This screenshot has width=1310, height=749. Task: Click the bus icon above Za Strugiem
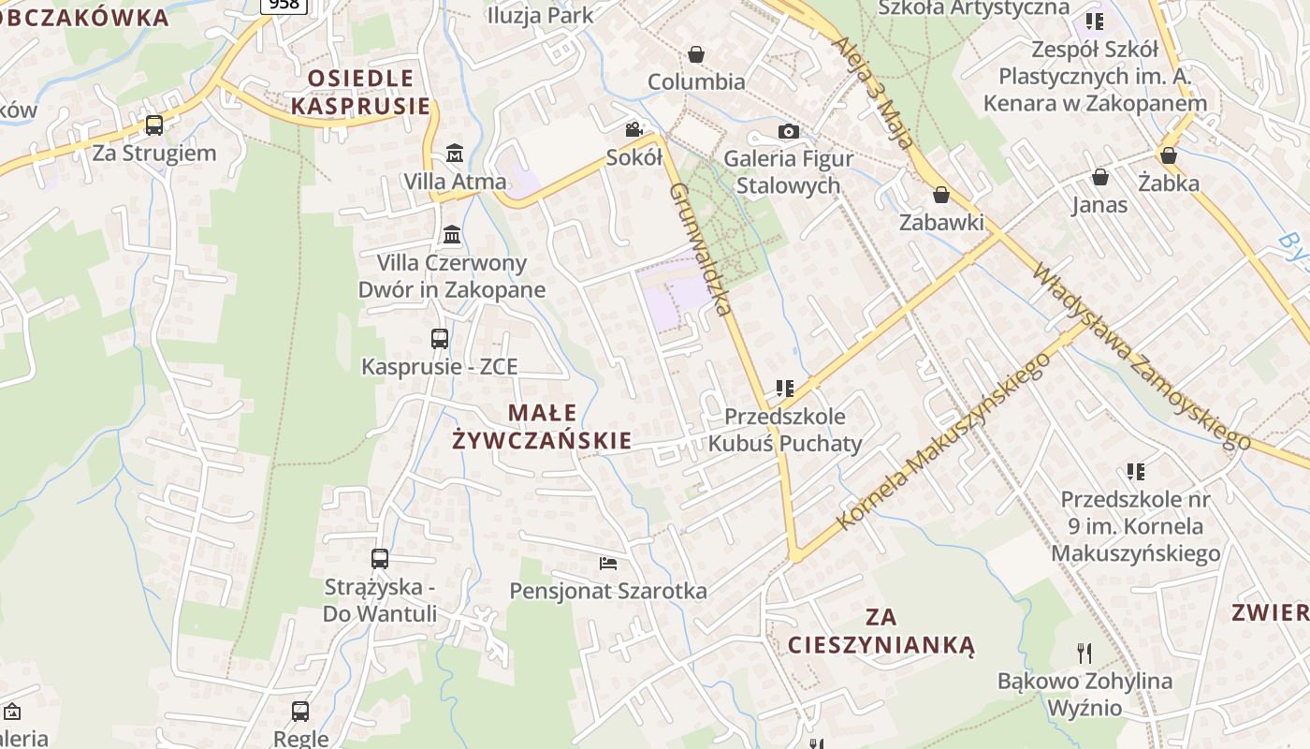click(154, 125)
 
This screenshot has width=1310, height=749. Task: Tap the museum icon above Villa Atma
click(455, 153)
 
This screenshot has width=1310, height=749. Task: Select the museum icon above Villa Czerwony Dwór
click(452, 234)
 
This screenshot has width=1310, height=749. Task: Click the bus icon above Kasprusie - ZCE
click(439, 339)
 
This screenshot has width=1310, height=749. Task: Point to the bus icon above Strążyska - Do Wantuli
click(379, 559)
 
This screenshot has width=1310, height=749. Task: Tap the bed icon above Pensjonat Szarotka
click(608, 563)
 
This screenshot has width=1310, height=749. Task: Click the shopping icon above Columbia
click(696, 54)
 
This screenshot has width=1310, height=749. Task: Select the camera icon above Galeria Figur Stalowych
click(789, 131)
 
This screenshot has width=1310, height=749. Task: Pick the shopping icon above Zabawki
click(941, 195)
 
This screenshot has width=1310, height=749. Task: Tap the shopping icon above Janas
click(1100, 177)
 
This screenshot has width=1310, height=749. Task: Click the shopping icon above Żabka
click(1169, 155)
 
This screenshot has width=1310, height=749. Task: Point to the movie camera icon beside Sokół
click(634, 129)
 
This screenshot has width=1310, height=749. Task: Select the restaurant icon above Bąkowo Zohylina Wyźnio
click(1084, 653)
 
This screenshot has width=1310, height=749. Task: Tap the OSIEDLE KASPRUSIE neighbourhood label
click(360, 92)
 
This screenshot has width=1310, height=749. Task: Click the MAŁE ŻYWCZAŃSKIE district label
click(543, 426)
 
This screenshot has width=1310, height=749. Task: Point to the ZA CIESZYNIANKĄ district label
click(881, 630)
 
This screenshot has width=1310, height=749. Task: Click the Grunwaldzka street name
click(700, 248)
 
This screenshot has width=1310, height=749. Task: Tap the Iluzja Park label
click(540, 15)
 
